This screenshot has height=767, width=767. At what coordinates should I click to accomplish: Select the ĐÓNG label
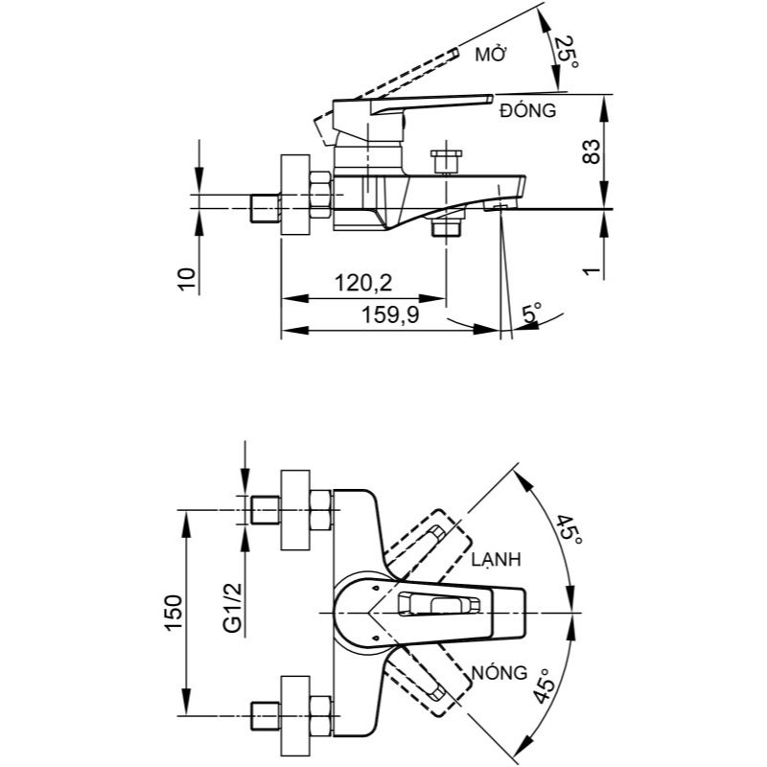coord(528,110)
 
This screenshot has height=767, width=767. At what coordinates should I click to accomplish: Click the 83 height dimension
coord(592,151)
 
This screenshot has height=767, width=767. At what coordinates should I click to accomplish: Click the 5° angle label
coord(533,313)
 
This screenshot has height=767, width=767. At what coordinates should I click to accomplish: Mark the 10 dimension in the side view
coord(189,278)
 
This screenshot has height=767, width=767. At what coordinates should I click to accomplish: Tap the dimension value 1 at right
coord(592,271)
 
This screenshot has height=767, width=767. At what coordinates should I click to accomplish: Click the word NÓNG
coord(500,672)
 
